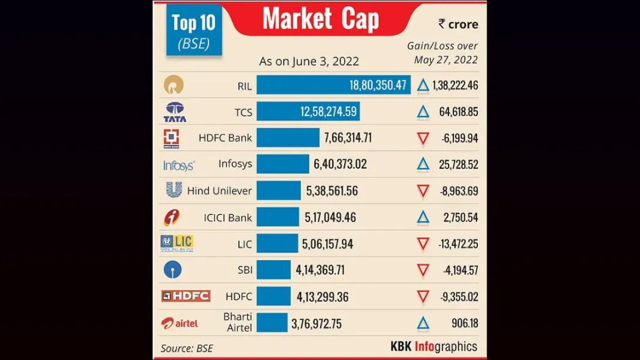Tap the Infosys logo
178,166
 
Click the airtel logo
180,323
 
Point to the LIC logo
177,244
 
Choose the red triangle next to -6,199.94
423,139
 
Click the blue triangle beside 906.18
423,324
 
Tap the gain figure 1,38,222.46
455,86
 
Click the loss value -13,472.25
458,244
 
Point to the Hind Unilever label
219,191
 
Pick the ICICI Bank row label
228,217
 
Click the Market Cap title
321,19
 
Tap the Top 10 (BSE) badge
194,31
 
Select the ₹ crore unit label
458,24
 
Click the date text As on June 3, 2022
309,61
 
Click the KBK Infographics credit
434,346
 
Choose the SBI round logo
173,270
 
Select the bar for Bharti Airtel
272,323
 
